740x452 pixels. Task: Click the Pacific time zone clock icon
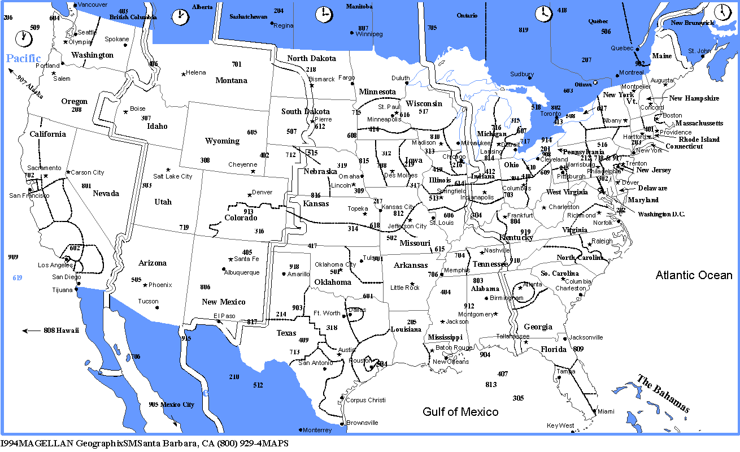pyautogui.click(x=24, y=38)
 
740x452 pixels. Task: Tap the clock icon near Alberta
pyautogui.click(x=181, y=16)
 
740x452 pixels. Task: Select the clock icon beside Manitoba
pyautogui.click(x=324, y=14)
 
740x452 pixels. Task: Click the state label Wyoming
pyautogui.click(x=222, y=141)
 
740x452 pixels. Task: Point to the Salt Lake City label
pyautogui.click(x=173, y=176)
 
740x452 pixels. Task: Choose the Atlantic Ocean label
pyautogui.click(x=694, y=276)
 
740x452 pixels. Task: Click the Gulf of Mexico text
pyautogui.click(x=460, y=412)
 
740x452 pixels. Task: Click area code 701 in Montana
pyautogui.click(x=236, y=64)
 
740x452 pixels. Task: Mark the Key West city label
pyautogui.click(x=560, y=425)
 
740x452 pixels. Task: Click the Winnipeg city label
pyautogui.click(x=369, y=34)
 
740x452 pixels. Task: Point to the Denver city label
pyautogui.click(x=262, y=192)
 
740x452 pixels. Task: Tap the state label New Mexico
pyautogui.click(x=224, y=302)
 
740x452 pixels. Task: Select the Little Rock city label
pyautogui.click(x=405, y=288)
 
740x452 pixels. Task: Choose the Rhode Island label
pyautogui.click(x=699, y=139)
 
